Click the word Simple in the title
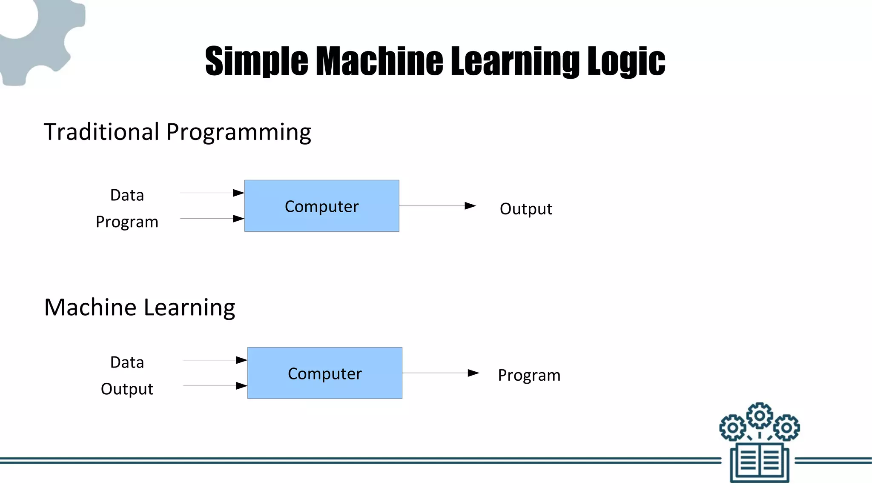(x=256, y=62)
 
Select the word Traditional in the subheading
(x=101, y=132)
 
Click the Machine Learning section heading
(x=140, y=308)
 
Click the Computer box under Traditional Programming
(x=321, y=206)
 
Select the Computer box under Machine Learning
(x=324, y=373)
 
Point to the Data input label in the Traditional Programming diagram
(x=127, y=195)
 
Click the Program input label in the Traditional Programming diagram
(x=127, y=222)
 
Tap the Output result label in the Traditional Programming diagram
(x=526, y=209)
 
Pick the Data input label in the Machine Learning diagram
(x=127, y=362)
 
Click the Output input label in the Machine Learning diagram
(x=127, y=389)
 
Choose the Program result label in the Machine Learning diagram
(x=529, y=375)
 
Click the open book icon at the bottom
(x=760, y=462)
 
